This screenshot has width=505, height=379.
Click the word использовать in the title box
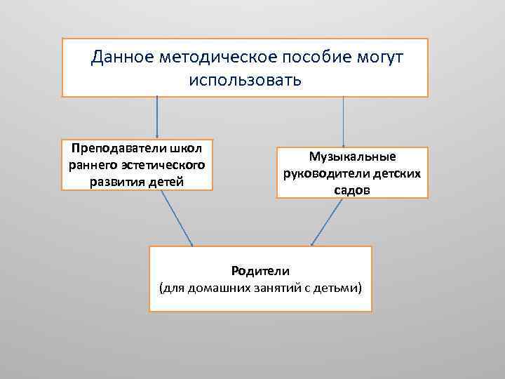coord(245,79)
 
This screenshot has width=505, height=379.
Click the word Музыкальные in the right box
coord(352,157)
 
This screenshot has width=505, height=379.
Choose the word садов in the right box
coord(352,190)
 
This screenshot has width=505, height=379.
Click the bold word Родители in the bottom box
coord(260,270)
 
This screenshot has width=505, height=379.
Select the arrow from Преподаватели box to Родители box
coord(176,218)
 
